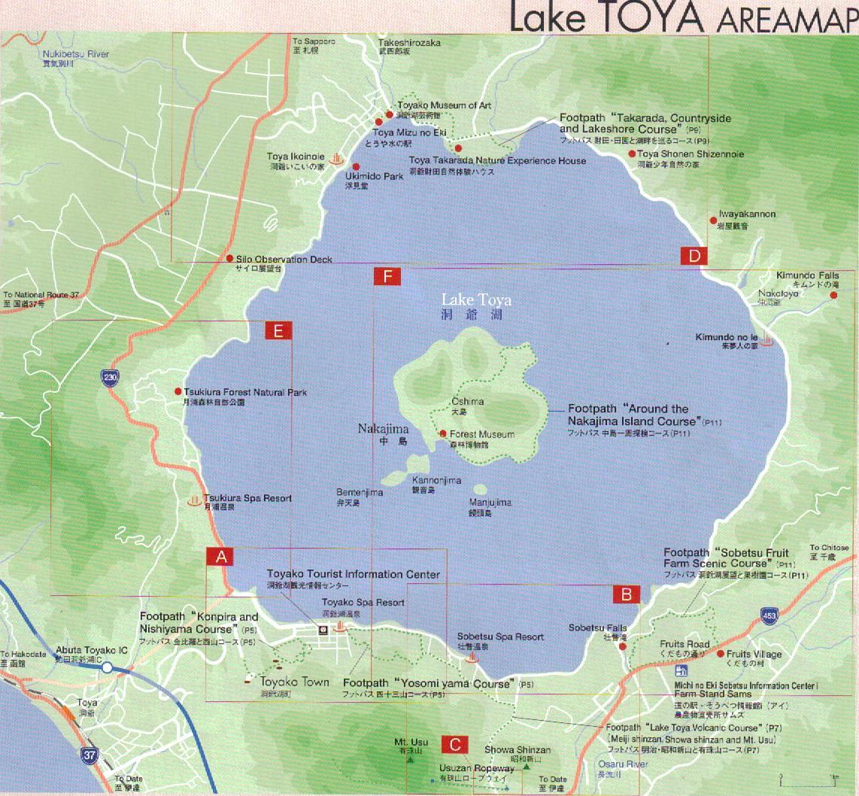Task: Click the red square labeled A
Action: tap(220, 557)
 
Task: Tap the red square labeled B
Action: tap(626, 594)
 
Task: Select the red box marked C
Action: tap(455, 744)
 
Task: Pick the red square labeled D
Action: tap(694, 256)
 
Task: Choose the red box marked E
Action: tap(278, 330)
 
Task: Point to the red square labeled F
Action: tap(387, 277)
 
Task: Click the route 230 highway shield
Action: tap(111, 377)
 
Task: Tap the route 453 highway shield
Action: tap(768, 616)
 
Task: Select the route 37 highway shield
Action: tap(89, 755)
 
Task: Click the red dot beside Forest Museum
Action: tap(443, 434)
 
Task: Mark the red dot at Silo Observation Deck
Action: tap(229, 258)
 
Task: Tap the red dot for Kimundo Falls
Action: tap(833, 295)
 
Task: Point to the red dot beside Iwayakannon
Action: tap(713, 220)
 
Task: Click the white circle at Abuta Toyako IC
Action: tap(108, 667)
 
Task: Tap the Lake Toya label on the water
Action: tap(476, 300)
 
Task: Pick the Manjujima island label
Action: tap(490, 503)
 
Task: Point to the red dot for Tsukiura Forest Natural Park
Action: tap(178, 391)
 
